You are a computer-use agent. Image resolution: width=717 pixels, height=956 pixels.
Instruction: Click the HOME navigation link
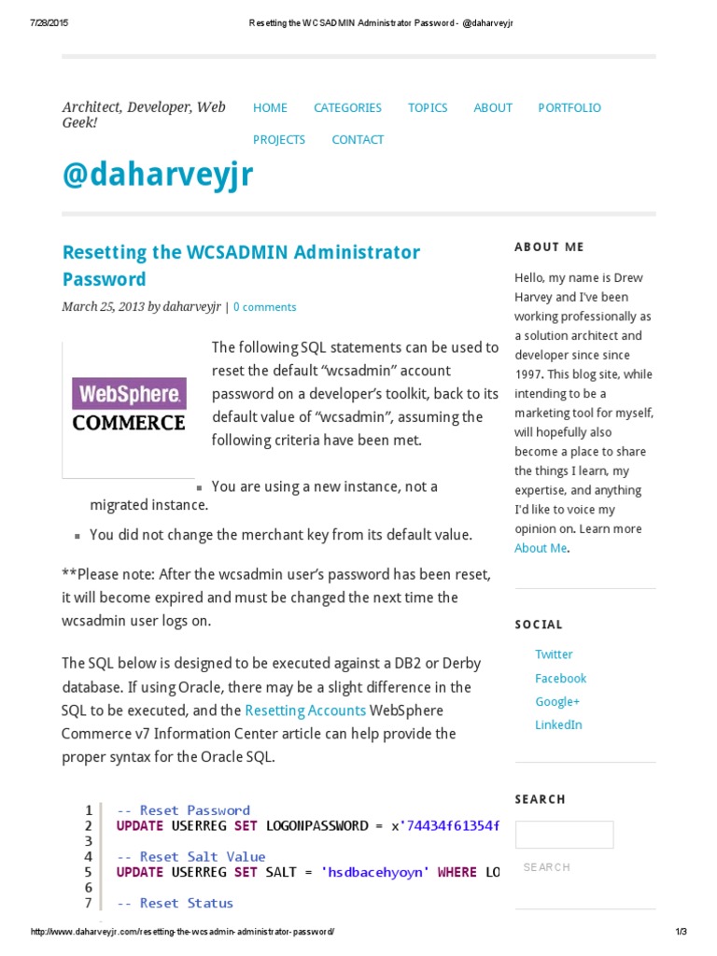coord(270,107)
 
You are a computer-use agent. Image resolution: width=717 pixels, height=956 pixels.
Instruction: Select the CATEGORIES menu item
coord(347,107)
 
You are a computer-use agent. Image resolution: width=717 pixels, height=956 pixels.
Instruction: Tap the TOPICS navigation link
coord(428,107)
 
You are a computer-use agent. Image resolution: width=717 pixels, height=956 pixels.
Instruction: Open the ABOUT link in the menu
coord(493,107)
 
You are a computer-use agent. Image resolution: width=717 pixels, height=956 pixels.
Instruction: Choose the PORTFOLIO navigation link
coord(569,107)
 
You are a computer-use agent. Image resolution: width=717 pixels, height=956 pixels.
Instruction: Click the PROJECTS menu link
coord(279,139)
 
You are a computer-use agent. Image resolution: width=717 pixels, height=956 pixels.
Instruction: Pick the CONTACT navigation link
coord(358,139)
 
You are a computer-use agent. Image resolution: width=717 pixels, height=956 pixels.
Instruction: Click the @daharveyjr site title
coord(157,175)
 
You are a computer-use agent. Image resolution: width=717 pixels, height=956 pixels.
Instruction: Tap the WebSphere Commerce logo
coord(129,405)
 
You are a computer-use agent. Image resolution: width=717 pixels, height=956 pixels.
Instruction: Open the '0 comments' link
coord(265,306)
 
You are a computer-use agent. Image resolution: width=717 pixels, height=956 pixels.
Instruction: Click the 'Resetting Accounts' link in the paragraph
coord(305,710)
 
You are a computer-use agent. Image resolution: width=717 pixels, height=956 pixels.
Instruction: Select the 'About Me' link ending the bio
coord(541,548)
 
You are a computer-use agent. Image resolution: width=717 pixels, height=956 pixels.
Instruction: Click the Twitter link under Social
coord(554,654)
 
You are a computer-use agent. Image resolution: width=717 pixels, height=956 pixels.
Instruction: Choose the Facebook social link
coord(560,678)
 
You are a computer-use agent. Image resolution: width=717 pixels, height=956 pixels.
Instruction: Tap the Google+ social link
coord(557,701)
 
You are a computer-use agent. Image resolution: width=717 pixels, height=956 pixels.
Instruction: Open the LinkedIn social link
coord(558,724)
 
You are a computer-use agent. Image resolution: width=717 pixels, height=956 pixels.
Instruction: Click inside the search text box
coord(564,835)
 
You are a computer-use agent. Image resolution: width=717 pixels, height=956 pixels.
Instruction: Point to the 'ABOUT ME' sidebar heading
coord(549,247)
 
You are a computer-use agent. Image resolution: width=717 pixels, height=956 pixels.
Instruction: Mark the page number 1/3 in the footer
coord(680,932)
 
